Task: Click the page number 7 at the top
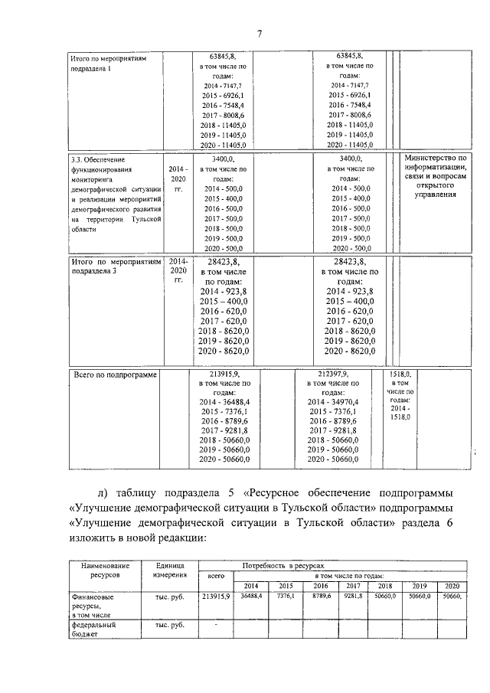(260, 33)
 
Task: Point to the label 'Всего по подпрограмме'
(113, 375)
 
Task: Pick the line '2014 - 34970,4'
(336, 401)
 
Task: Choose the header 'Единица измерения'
(168, 570)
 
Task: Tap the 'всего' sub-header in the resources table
(216, 575)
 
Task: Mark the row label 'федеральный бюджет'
(93, 630)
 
